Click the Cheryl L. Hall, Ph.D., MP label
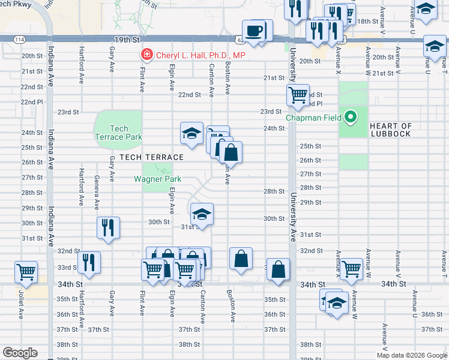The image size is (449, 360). (x=200, y=55)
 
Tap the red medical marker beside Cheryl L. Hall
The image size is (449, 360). (x=146, y=55)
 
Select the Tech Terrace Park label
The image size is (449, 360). (x=119, y=133)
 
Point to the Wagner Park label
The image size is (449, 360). (x=157, y=179)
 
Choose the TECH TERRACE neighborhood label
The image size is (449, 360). (x=147, y=157)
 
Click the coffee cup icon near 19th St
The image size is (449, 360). (x=254, y=30)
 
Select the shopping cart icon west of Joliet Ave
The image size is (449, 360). (x=26, y=272)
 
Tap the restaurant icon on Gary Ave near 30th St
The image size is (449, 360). (x=109, y=227)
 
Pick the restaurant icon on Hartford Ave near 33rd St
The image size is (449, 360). (x=89, y=262)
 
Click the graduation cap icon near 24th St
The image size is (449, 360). (x=191, y=133)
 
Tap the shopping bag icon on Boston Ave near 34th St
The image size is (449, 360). (x=241, y=259)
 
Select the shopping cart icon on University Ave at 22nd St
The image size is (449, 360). (x=297, y=95)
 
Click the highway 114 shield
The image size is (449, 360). (x=20, y=39)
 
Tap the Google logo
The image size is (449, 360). (x=20, y=353)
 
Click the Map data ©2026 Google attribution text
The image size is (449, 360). (x=412, y=355)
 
